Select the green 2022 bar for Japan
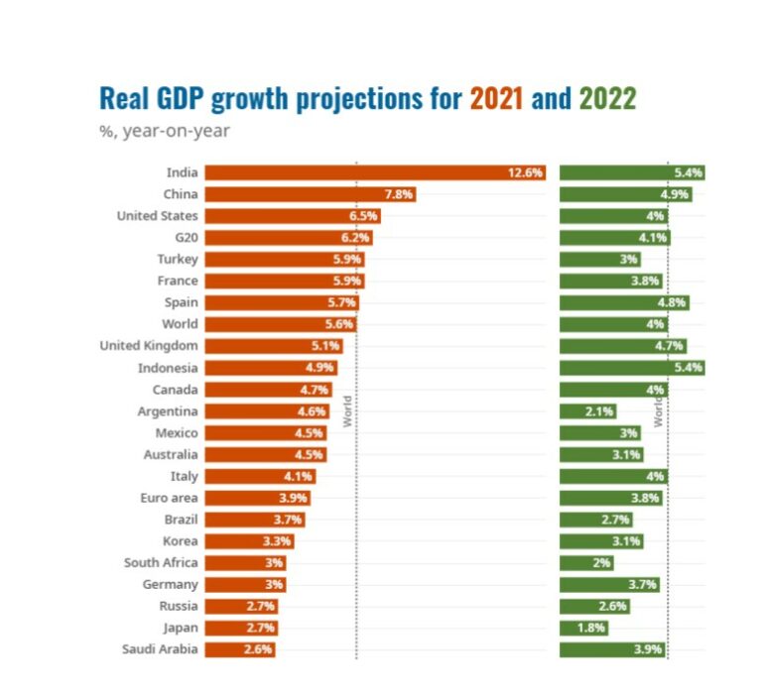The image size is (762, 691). tap(582, 628)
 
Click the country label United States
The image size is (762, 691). tap(157, 216)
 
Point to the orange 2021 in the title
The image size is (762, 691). tap(496, 99)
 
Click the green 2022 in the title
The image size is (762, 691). tap(607, 99)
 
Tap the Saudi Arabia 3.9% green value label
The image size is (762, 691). tap(649, 649)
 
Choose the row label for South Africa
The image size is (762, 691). tap(161, 563)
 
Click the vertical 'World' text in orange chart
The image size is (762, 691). tap(347, 411)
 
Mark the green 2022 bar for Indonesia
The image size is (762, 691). tap(632, 368)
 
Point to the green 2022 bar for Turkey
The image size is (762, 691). tap(599, 260)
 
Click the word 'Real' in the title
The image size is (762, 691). tap(123, 99)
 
